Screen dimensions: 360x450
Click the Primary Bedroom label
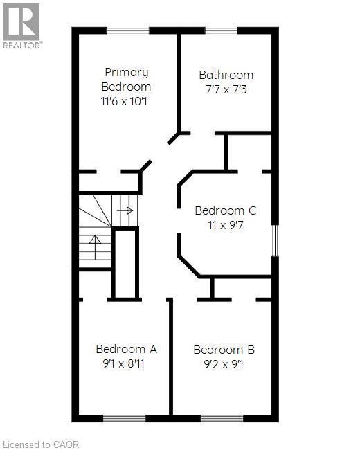[x=126, y=79]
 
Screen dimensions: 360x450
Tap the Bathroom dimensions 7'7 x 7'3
[x=226, y=90]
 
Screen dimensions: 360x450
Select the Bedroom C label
[x=226, y=210]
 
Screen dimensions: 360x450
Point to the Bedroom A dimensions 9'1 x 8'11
[x=123, y=364]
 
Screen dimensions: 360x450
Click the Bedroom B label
[x=224, y=350]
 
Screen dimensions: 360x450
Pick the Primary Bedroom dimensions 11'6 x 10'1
[x=124, y=101]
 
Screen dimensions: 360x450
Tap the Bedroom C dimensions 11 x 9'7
[x=226, y=225]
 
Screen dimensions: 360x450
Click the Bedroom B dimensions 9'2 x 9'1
[x=224, y=364]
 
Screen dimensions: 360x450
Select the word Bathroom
[x=226, y=75]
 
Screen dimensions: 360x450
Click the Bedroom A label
[x=126, y=349]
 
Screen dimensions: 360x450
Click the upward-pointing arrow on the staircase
[x=95, y=247]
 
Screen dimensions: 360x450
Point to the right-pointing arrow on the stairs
[x=125, y=210]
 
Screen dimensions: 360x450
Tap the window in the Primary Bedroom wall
[x=128, y=30]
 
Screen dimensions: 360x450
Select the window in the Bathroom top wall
[x=222, y=30]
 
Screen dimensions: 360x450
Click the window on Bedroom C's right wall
[x=275, y=240]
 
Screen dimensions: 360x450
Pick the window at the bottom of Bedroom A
[x=125, y=418]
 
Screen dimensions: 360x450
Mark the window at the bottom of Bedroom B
[x=222, y=418]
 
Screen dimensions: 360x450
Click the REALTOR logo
[x=22, y=26]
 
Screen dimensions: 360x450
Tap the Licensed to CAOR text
[x=40, y=444]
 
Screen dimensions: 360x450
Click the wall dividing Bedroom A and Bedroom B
[x=171, y=357]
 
